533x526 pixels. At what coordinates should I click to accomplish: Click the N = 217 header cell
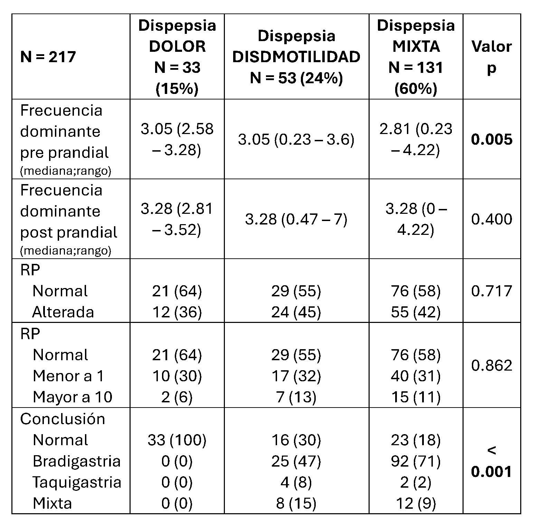click(x=48, y=57)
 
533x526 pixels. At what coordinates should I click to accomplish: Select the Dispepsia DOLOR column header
click(x=177, y=57)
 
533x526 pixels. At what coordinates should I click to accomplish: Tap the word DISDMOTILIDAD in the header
click(x=296, y=57)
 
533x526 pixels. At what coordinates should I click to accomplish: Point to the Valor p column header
click(x=491, y=57)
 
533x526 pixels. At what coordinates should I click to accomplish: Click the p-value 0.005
click(x=491, y=140)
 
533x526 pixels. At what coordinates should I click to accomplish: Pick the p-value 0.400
click(x=491, y=219)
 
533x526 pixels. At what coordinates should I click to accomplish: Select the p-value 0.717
click(x=491, y=291)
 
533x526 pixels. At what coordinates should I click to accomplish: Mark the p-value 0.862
click(x=491, y=365)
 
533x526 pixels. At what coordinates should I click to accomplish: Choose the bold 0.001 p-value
click(x=491, y=471)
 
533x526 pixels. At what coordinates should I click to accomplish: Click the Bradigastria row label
click(x=76, y=461)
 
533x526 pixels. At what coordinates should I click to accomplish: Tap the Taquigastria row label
click(x=77, y=482)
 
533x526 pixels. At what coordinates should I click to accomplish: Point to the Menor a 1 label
click(x=68, y=376)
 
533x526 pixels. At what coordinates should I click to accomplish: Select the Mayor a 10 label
click(x=73, y=397)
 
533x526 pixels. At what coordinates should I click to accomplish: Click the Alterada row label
click(x=63, y=312)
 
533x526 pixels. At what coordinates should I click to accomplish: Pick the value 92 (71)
click(x=416, y=461)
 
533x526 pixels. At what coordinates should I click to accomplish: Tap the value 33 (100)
click(x=177, y=440)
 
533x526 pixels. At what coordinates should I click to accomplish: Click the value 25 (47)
click(x=296, y=461)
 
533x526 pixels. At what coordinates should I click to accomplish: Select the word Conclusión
click(x=63, y=419)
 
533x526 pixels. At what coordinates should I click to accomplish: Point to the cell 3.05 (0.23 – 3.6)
click(x=296, y=140)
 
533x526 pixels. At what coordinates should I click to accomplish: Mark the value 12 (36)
click(x=177, y=312)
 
